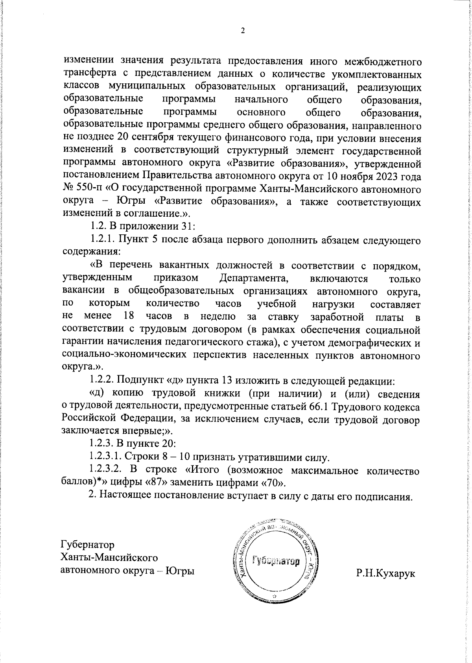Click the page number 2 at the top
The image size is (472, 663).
(243, 31)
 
